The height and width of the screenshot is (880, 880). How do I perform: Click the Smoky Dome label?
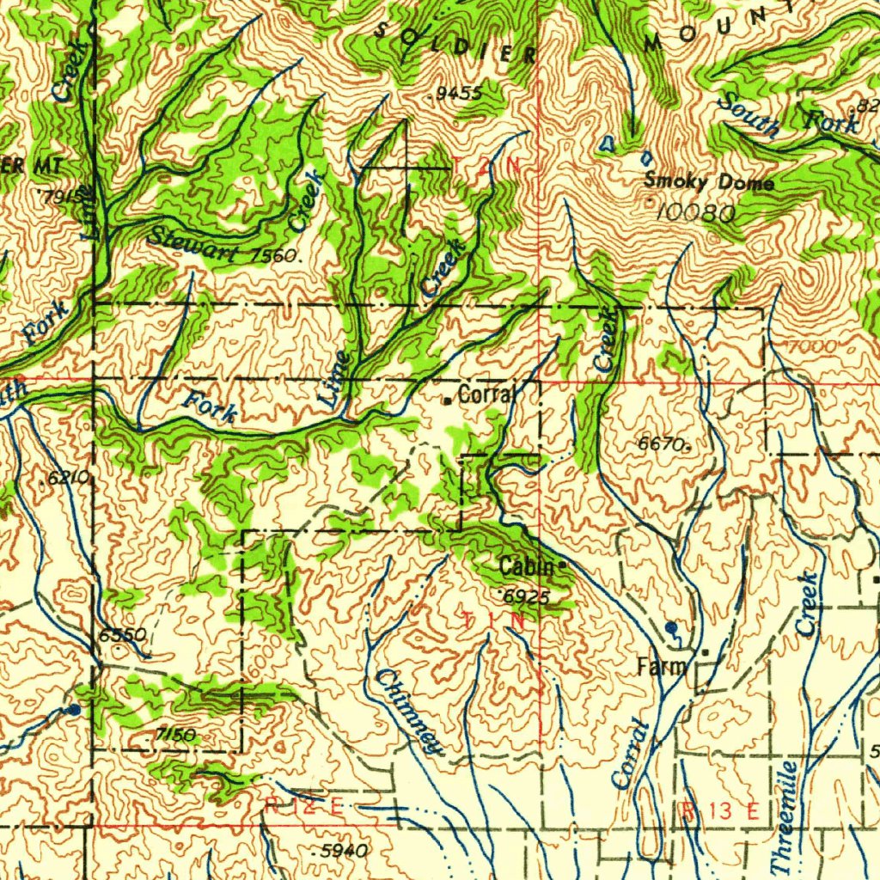709,182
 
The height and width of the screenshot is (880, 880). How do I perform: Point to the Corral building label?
486,394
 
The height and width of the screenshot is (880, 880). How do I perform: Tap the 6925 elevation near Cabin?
525,596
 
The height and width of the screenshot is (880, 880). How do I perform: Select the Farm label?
662,666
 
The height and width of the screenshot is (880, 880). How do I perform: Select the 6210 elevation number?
65,479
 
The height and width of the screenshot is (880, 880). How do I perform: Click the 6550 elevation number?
122,635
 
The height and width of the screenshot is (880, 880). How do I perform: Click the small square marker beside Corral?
447,400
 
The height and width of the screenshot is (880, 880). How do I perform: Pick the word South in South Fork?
747,116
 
